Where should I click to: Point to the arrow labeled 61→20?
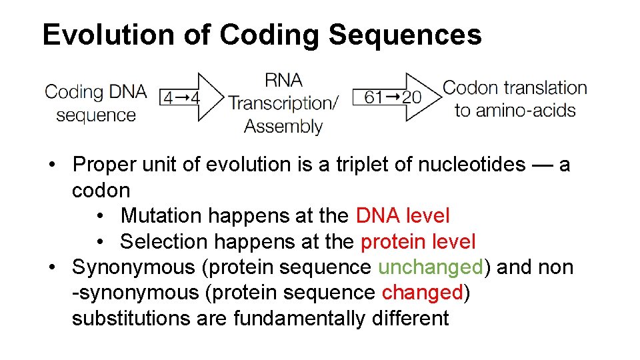(396, 97)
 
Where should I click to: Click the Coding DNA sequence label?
(95, 103)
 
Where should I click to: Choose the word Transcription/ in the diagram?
(283, 103)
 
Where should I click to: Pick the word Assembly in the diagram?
(283, 125)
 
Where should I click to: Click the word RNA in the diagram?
(283, 81)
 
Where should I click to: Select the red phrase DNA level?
(403, 215)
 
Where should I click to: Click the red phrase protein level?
(418, 241)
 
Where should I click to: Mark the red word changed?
(422, 293)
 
